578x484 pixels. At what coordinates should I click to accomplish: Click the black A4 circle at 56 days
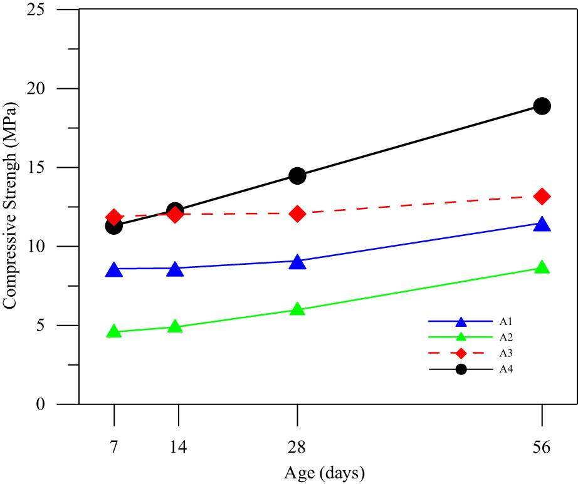click(x=542, y=106)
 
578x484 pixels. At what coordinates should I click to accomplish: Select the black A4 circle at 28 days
click(x=297, y=175)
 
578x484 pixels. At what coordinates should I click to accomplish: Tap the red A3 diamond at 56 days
click(x=542, y=197)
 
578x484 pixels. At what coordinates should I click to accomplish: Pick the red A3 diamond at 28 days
click(x=297, y=214)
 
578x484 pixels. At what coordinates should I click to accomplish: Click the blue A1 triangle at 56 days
click(x=542, y=224)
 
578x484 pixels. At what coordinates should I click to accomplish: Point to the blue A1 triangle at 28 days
click(x=297, y=262)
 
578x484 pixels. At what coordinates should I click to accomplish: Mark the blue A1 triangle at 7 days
click(x=113, y=270)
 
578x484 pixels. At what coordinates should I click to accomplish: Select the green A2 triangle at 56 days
click(x=542, y=267)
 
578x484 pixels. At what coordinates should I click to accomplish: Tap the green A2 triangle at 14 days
click(x=175, y=326)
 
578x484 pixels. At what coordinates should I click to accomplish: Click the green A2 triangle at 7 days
click(x=113, y=331)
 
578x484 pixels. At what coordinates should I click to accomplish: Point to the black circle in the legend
click(x=461, y=369)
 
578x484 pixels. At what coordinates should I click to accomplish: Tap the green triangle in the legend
click(x=461, y=338)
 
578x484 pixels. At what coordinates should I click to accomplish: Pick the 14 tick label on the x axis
click(x=178, y=447)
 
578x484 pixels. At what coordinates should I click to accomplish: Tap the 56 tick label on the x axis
click(x=542, y=447)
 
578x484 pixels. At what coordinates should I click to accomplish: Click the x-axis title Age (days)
click(x=324, y=471)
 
